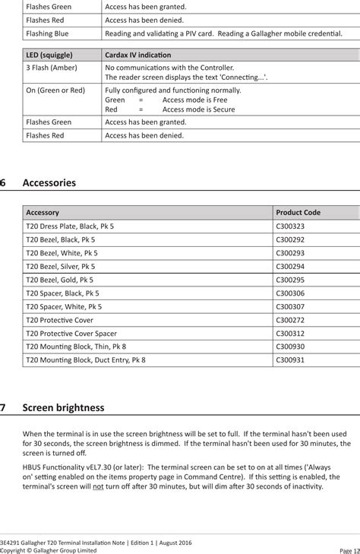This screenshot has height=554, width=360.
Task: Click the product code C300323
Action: coord(289,226)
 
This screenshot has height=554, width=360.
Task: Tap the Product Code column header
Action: coord(298,213)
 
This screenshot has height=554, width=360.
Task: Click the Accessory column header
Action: coord(43,213)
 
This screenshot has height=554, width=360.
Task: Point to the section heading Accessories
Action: coord(49,183)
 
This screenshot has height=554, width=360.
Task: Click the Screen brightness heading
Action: coord(65,407)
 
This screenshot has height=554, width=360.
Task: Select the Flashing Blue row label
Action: coord(47,34)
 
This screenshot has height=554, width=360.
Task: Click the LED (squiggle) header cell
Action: coord(49,55)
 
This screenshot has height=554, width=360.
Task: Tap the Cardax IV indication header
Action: coord(137,55)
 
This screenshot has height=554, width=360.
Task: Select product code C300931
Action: coord(289,359)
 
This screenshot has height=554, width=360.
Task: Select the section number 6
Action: coord(4,183)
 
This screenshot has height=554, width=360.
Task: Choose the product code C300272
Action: coord(289,320)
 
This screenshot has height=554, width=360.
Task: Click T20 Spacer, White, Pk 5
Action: coord(64,306)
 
